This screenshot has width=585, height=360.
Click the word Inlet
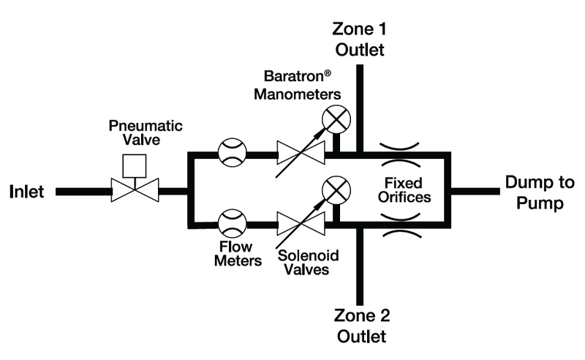pos(27,192)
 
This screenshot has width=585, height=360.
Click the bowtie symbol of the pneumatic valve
pos(132,192)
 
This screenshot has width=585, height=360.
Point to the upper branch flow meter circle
pos(233,154)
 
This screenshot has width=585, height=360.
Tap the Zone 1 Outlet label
pos(359,40)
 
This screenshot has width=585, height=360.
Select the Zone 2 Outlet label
pos(359,327)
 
